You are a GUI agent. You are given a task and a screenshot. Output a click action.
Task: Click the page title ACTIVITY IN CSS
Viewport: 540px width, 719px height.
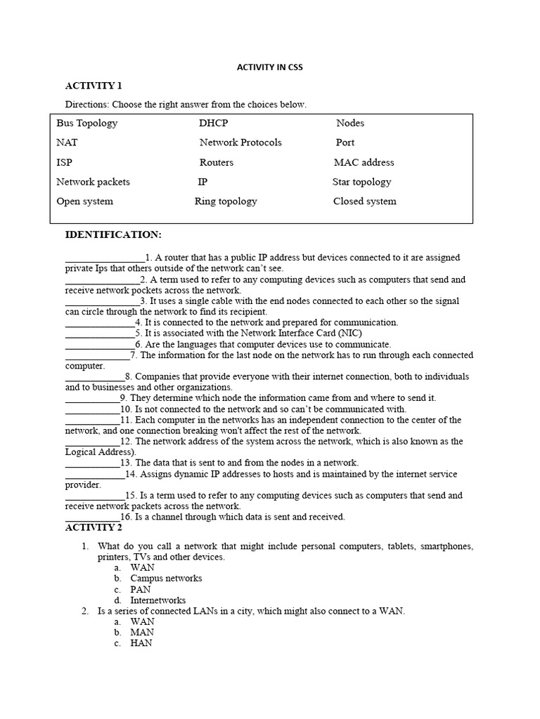pos(269,67)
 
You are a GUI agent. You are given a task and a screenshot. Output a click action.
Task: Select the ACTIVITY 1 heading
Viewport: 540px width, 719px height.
pos(94,86)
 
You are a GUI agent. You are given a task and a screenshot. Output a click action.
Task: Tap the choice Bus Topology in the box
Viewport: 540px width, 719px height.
pos(87,123)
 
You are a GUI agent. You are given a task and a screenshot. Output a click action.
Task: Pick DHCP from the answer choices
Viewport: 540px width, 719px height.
pos(214,123)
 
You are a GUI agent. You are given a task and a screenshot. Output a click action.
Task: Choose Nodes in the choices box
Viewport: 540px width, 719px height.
pos(350,123)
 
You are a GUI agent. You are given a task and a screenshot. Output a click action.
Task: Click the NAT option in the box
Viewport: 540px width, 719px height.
pos(67,143)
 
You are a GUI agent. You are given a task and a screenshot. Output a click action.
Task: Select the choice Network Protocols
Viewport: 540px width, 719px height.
pos(240,143)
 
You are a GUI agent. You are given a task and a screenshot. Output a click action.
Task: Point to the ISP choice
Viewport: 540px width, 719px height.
pos(65,162)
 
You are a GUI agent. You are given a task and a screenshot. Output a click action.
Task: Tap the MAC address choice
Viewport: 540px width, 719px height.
pos(364,162)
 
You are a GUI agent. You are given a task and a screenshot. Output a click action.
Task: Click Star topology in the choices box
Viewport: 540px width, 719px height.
pos(361,182)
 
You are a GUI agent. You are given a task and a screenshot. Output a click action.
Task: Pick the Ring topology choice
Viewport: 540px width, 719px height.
pos(226,202)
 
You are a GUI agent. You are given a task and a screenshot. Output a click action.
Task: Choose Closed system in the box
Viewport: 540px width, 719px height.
pos(364,202)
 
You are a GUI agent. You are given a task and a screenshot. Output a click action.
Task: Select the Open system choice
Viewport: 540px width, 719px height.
pos(85,202)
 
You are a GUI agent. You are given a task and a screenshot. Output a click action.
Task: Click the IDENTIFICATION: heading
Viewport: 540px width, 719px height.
pos(113,234)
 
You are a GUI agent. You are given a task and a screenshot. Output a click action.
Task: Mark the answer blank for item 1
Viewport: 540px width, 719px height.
pos(105,258)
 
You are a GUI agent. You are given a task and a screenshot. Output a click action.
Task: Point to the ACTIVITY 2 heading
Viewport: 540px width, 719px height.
pos(94,527)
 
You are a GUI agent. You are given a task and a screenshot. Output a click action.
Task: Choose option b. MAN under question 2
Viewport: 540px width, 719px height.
pos(142,633)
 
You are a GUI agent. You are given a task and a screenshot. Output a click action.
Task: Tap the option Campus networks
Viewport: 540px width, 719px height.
pos(166,579)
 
